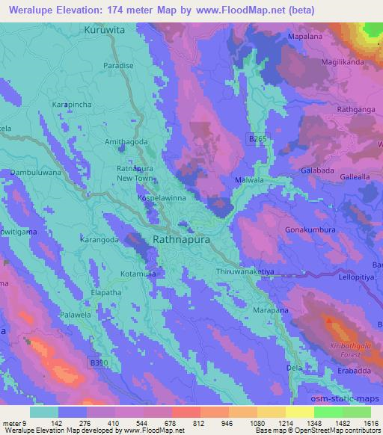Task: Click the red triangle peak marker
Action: pyautogui.click(x=329, y=319)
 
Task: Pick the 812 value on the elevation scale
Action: pyautogui.click(x=197, y=422)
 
